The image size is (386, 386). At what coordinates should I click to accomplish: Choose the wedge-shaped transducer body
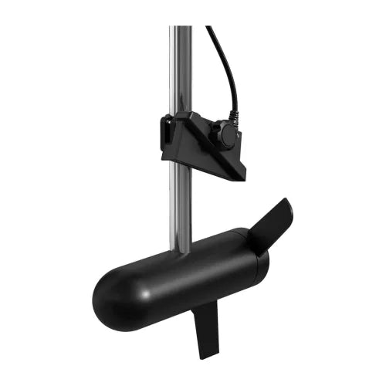202,151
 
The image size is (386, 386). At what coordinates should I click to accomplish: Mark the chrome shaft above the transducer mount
181,69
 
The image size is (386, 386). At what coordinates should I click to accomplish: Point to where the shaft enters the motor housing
181,251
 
